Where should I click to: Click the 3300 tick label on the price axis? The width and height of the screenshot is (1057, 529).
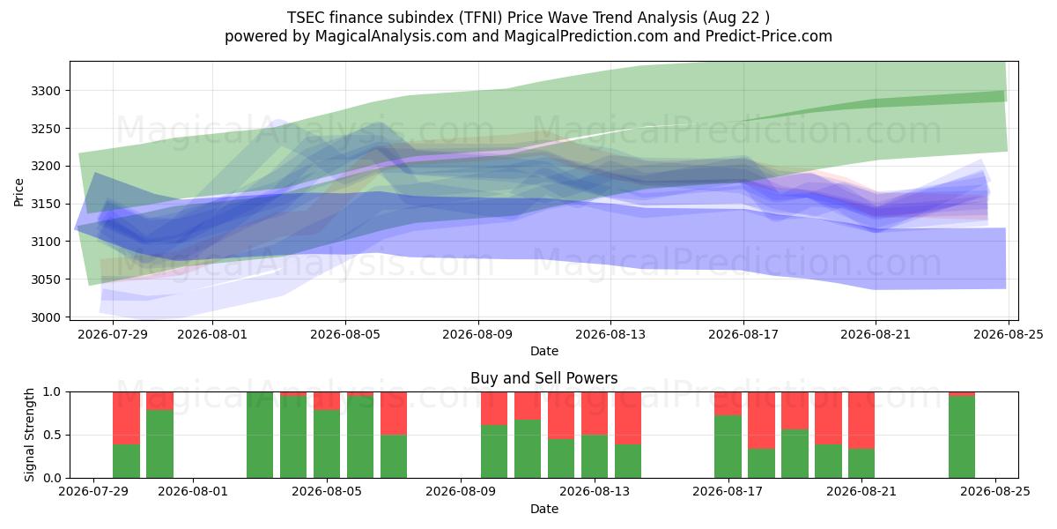(46, 91)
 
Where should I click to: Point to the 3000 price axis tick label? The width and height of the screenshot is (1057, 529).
(46, 317)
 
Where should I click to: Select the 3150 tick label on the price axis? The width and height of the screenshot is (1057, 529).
(46, 204)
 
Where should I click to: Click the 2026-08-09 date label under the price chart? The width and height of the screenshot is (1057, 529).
(477, 334)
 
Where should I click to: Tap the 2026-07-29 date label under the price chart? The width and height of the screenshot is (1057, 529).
(113, 334)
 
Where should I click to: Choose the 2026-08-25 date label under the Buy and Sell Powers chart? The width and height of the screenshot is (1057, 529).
(995, 491)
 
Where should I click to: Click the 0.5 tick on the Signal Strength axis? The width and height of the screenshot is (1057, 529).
(52, 435)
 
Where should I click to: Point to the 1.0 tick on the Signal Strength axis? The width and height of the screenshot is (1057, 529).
(52, 391)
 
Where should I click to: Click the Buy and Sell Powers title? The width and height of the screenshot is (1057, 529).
(543, 378)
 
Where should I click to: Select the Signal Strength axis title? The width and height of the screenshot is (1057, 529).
(29, 435)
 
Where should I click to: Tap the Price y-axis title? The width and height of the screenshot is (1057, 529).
(18, 192)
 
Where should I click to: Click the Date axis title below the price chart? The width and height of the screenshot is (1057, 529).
(544, 351)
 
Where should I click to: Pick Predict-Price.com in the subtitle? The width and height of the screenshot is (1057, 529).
(769, 36)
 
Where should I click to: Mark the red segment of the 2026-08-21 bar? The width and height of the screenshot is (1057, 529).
(861, 421)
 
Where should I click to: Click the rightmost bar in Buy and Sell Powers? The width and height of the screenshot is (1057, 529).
(962, 435)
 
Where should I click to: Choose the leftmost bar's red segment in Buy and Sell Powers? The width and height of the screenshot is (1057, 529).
(126, 418)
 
